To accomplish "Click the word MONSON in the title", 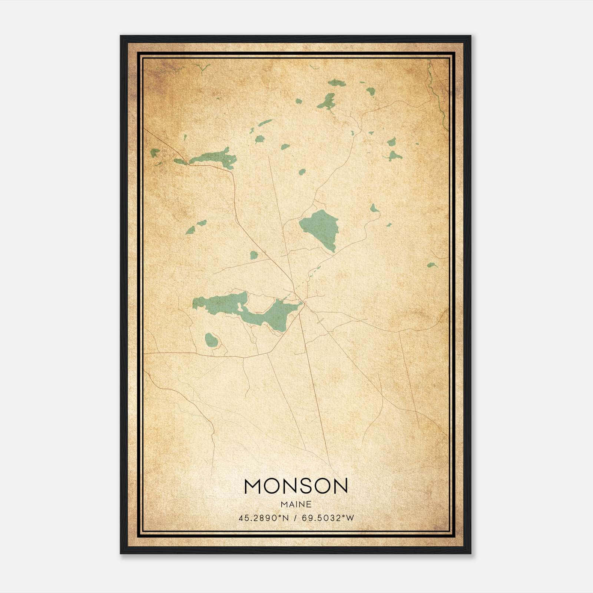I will pos(296,486).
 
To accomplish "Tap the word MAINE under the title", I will pos(296,504).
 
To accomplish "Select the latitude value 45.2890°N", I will pos(264,518).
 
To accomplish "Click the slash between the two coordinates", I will pos(295,518).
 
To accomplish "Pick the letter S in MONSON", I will pos(306,486).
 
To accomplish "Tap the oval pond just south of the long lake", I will pos(211,339).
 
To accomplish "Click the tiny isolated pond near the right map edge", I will pos(431,265).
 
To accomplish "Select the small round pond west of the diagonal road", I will pos(254,255).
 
